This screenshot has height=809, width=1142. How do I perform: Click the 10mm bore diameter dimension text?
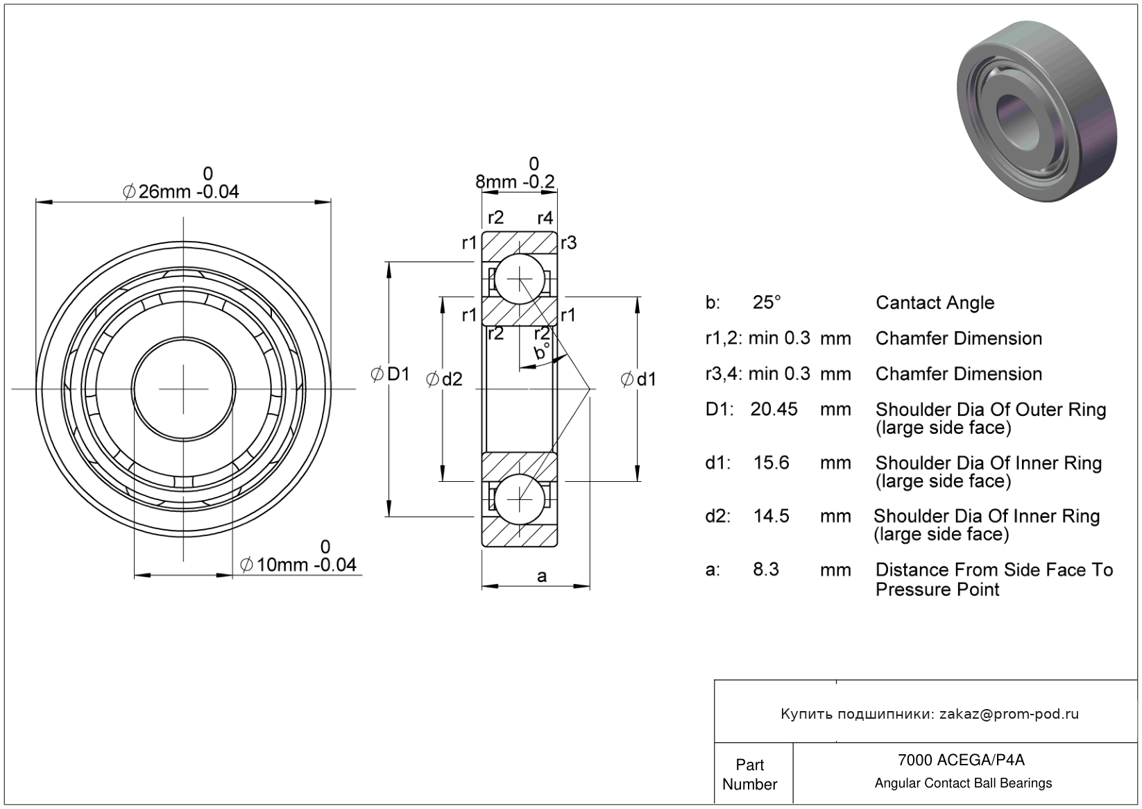click(x=298, y=565)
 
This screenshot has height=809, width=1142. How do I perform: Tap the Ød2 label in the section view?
click(x=444, y=379)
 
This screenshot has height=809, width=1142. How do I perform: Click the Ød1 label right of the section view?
click(x=638, y=379)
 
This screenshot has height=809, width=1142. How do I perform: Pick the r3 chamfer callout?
click(x=569, y=242)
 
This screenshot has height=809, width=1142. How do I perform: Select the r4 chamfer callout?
click(x=545, y=218)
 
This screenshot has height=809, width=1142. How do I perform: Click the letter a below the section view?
click(x=542, y=576)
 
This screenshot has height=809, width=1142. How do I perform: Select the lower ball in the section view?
click(x=519, y=499)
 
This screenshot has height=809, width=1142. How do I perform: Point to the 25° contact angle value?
click(x=767, y=303)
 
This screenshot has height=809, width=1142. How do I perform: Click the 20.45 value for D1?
click(x=774, y=409)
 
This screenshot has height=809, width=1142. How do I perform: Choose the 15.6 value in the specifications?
click(x=771, y=462)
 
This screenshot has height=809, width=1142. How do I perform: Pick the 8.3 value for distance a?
click(x=766, y=569)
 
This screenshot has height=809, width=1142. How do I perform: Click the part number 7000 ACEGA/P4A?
click(x=960, y=759)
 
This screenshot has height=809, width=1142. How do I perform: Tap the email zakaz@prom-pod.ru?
click(x=1009, y=714)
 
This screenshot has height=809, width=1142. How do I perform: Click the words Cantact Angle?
click(x=935, y=303)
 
